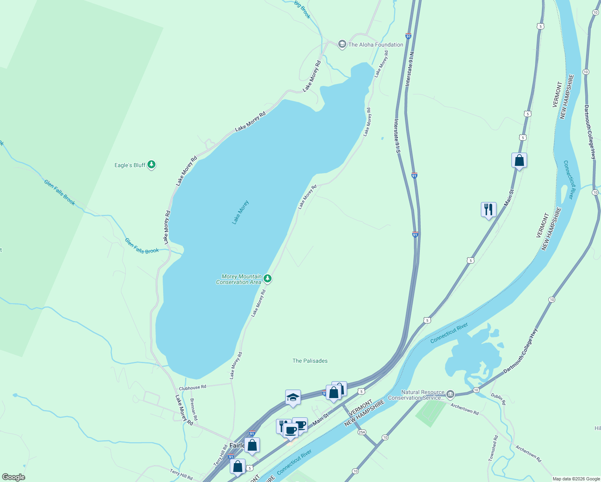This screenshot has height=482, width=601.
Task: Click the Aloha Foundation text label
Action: (x=376, y=45)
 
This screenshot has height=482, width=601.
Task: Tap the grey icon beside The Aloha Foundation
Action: (x=342, y=44)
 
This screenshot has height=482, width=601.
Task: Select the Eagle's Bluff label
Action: (x=130, y=165)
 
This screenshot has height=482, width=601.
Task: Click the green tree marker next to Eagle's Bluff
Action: (x=151, y=164)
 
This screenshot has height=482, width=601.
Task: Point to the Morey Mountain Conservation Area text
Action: (x=239, y=279)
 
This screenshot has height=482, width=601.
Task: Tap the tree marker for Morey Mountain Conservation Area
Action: (x=268, y=279)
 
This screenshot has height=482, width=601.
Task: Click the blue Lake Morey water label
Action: (x=240, y=212)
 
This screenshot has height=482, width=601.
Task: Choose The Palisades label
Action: (x=310, y=361)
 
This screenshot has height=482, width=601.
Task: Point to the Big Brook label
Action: (x=303, y=10)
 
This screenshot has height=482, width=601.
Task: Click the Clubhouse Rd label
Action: (x=192, y=388)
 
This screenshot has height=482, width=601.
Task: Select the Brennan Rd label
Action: (x=194, y=410)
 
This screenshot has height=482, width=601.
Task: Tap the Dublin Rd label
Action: (x=498, y=398)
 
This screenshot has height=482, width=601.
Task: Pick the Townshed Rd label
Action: (x=493, y=448)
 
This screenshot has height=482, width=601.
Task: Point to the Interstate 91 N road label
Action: (x=409, y=69)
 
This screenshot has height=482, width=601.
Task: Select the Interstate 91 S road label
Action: (x=397, y=136)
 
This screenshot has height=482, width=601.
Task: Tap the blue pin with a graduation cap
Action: (x=293, y=398)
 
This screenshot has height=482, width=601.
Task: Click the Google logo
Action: (x=14, y=477)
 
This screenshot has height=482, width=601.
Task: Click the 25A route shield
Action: (x=362, y=432)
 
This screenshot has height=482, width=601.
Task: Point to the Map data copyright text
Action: (x=576, y=479)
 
